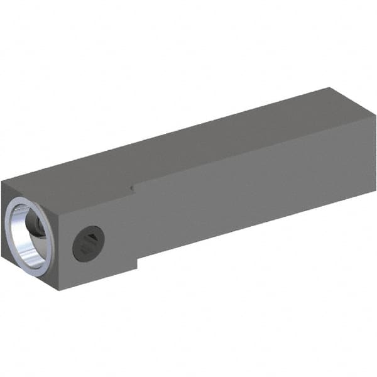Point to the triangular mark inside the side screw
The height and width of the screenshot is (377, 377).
coord(91,238)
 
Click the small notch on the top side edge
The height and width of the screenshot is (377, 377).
coord(131,187)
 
